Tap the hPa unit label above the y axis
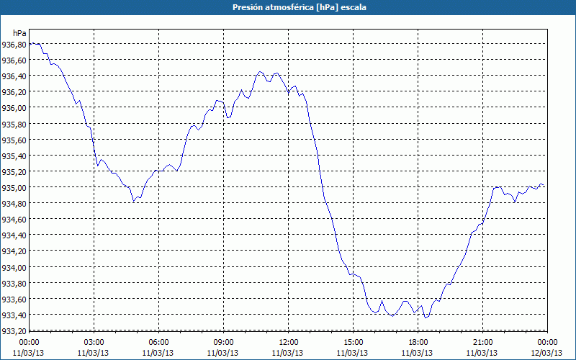point(19,33)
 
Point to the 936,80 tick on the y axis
point(14,44)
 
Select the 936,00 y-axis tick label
point(14,108)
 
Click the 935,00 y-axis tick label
point(14,187)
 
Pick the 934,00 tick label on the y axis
point(14,267)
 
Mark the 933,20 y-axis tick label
point(14,331)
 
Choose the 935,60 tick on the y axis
point(14,140)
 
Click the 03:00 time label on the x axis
point(94,341)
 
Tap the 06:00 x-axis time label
point(158,341)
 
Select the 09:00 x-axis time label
point(223,341)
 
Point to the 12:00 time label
point(288,341)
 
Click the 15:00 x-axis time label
point(353,341)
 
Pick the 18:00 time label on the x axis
point(418,341)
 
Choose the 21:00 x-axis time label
point(482,341)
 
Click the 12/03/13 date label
point(546,352)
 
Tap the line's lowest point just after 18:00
point(426,318)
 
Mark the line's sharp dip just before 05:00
point(134,202)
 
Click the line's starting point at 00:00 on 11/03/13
point(30,44)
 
